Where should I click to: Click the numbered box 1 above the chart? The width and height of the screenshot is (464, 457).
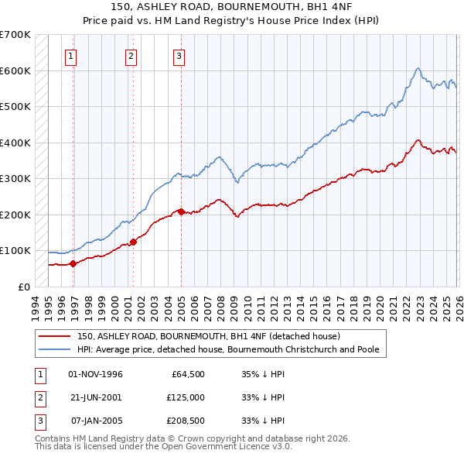[x=70, y=56]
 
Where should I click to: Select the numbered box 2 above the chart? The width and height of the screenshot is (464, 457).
[x=131, y=56]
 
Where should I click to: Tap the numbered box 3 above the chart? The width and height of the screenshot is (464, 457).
[x=179, y=56]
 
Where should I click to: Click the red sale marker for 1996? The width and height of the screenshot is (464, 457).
[x=73, y=263]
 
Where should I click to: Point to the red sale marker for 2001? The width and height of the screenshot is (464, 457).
[x=133, y=242]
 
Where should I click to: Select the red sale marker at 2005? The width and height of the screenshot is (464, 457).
[x=181, y=211]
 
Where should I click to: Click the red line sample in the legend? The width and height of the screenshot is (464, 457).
[x=56, y=337]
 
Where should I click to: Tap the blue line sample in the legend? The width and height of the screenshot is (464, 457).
[x=56, y=350]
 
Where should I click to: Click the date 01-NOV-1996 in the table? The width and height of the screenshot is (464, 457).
[x=96, y=374]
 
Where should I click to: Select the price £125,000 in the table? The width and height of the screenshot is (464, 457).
[x=185, y=397]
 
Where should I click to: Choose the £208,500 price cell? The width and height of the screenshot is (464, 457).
[x=185, y=421]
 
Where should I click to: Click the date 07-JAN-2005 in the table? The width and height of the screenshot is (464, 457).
[x=96, y=421]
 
